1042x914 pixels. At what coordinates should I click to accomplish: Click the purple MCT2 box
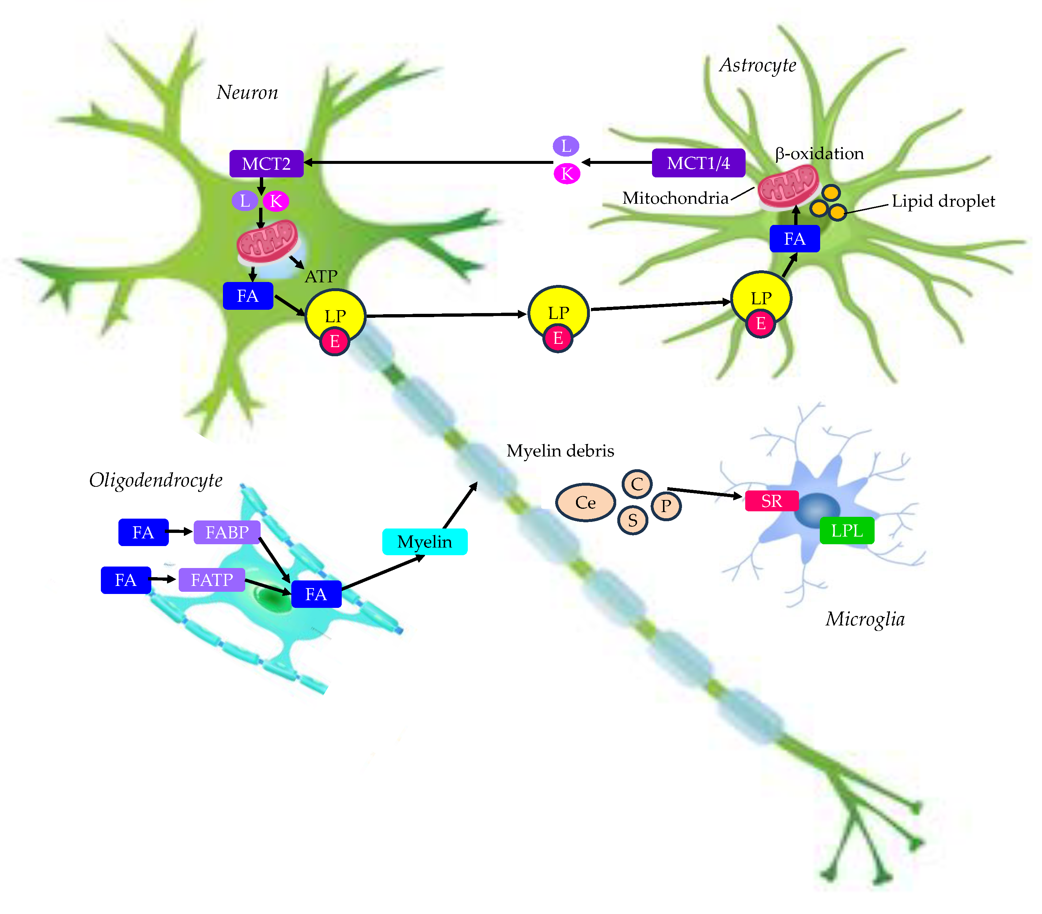tap(266, 164)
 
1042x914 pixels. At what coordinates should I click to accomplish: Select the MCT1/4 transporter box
tap(698, 163)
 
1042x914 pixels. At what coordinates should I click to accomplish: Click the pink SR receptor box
tap(771, 501)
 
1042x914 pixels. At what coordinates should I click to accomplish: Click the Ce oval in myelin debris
tap(585, 503)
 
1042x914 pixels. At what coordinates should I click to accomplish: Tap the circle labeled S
tap(632, 520)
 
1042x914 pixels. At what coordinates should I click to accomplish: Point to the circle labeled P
tap(666, 506)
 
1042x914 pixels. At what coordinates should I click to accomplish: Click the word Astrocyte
tap(758, 65)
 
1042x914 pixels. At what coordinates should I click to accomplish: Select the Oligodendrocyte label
tap(155, 480)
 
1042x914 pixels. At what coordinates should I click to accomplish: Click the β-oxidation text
tap(819, 154)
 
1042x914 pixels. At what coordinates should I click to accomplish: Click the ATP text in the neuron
tap(321, 277)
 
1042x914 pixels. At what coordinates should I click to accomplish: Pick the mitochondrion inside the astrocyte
tap(788, 186)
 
